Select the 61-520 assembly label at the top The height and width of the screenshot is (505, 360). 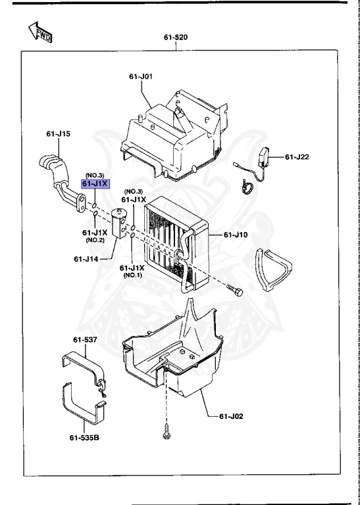click(x=176, y=37)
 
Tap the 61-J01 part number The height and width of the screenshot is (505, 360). click(x=141, y=77)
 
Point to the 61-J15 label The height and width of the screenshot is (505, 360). click(x=58, y=134)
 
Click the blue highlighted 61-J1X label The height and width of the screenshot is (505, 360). click(x=95, y=183)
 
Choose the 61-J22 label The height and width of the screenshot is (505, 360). click(x=297, y=156)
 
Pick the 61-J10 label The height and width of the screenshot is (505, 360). click(x=235, y=234)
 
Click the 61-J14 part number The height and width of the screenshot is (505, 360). click(x=86, y=259)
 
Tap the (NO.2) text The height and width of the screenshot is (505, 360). click(x=95, y=240)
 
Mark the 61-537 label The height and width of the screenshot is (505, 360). click(x=84, y=340)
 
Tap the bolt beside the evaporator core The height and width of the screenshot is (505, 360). click(x=234, y=291)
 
